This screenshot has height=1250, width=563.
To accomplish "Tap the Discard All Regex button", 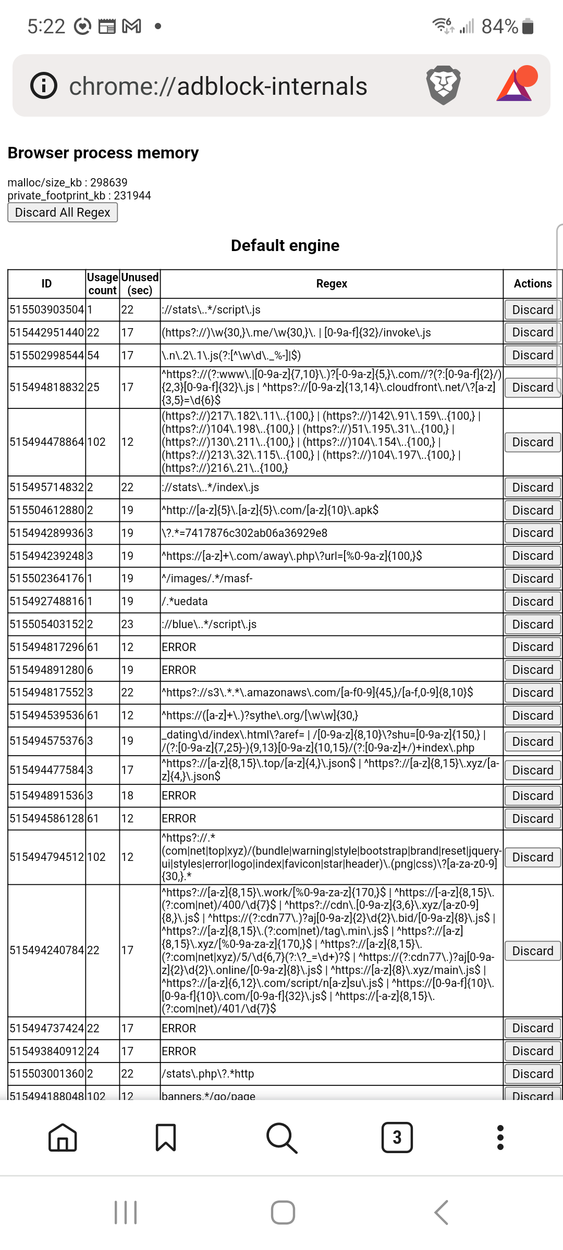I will click(63, 213).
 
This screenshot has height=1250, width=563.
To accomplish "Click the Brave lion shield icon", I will click(443, 85).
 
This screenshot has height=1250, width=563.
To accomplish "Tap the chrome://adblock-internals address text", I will click(218, 86).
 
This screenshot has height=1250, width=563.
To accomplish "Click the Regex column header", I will click(332, 284).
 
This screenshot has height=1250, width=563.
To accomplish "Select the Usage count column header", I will click(103, 284).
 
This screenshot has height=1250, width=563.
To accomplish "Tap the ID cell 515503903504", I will click(46, 310).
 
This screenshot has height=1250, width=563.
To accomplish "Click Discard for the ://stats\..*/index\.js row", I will click(532, 488).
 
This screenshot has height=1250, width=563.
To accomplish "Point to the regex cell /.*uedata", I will click(185, 602).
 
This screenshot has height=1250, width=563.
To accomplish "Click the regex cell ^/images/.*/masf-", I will click(207, 579).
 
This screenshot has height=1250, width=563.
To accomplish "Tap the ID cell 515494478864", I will click(46, 442).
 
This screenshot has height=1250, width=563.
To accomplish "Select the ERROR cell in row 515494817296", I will click(179, 647).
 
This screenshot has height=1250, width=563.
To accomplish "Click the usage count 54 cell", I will click(94, 356).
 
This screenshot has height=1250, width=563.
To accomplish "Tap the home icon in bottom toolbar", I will click(63, 1137).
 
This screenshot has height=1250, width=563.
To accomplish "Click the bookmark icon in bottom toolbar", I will click(166, 1137).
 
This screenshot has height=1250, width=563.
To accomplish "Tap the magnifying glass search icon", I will click(281, 1137).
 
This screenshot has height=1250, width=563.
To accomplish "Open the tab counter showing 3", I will click(397, 1137).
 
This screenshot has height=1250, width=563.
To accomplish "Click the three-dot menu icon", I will click(500, 1137).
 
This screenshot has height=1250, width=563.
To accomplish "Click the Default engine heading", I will click(285, 245).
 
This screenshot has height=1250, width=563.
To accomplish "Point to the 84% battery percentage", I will click(499, 26).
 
